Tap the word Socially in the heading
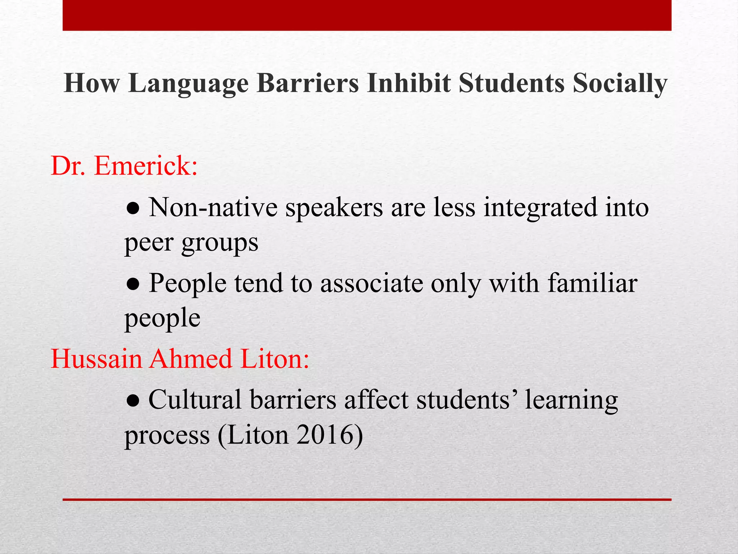pyautogui.click(x=620, y=84)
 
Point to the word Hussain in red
pyautogui.click(x=97, y=359)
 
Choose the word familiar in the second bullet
pyautogui.click(x=592, y=283)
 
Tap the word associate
pyautogui.click(x=372, y=283)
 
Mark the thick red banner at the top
pyautogui.click(x=367, y=15)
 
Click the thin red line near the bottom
pyautogui.click(x=367, y=500)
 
